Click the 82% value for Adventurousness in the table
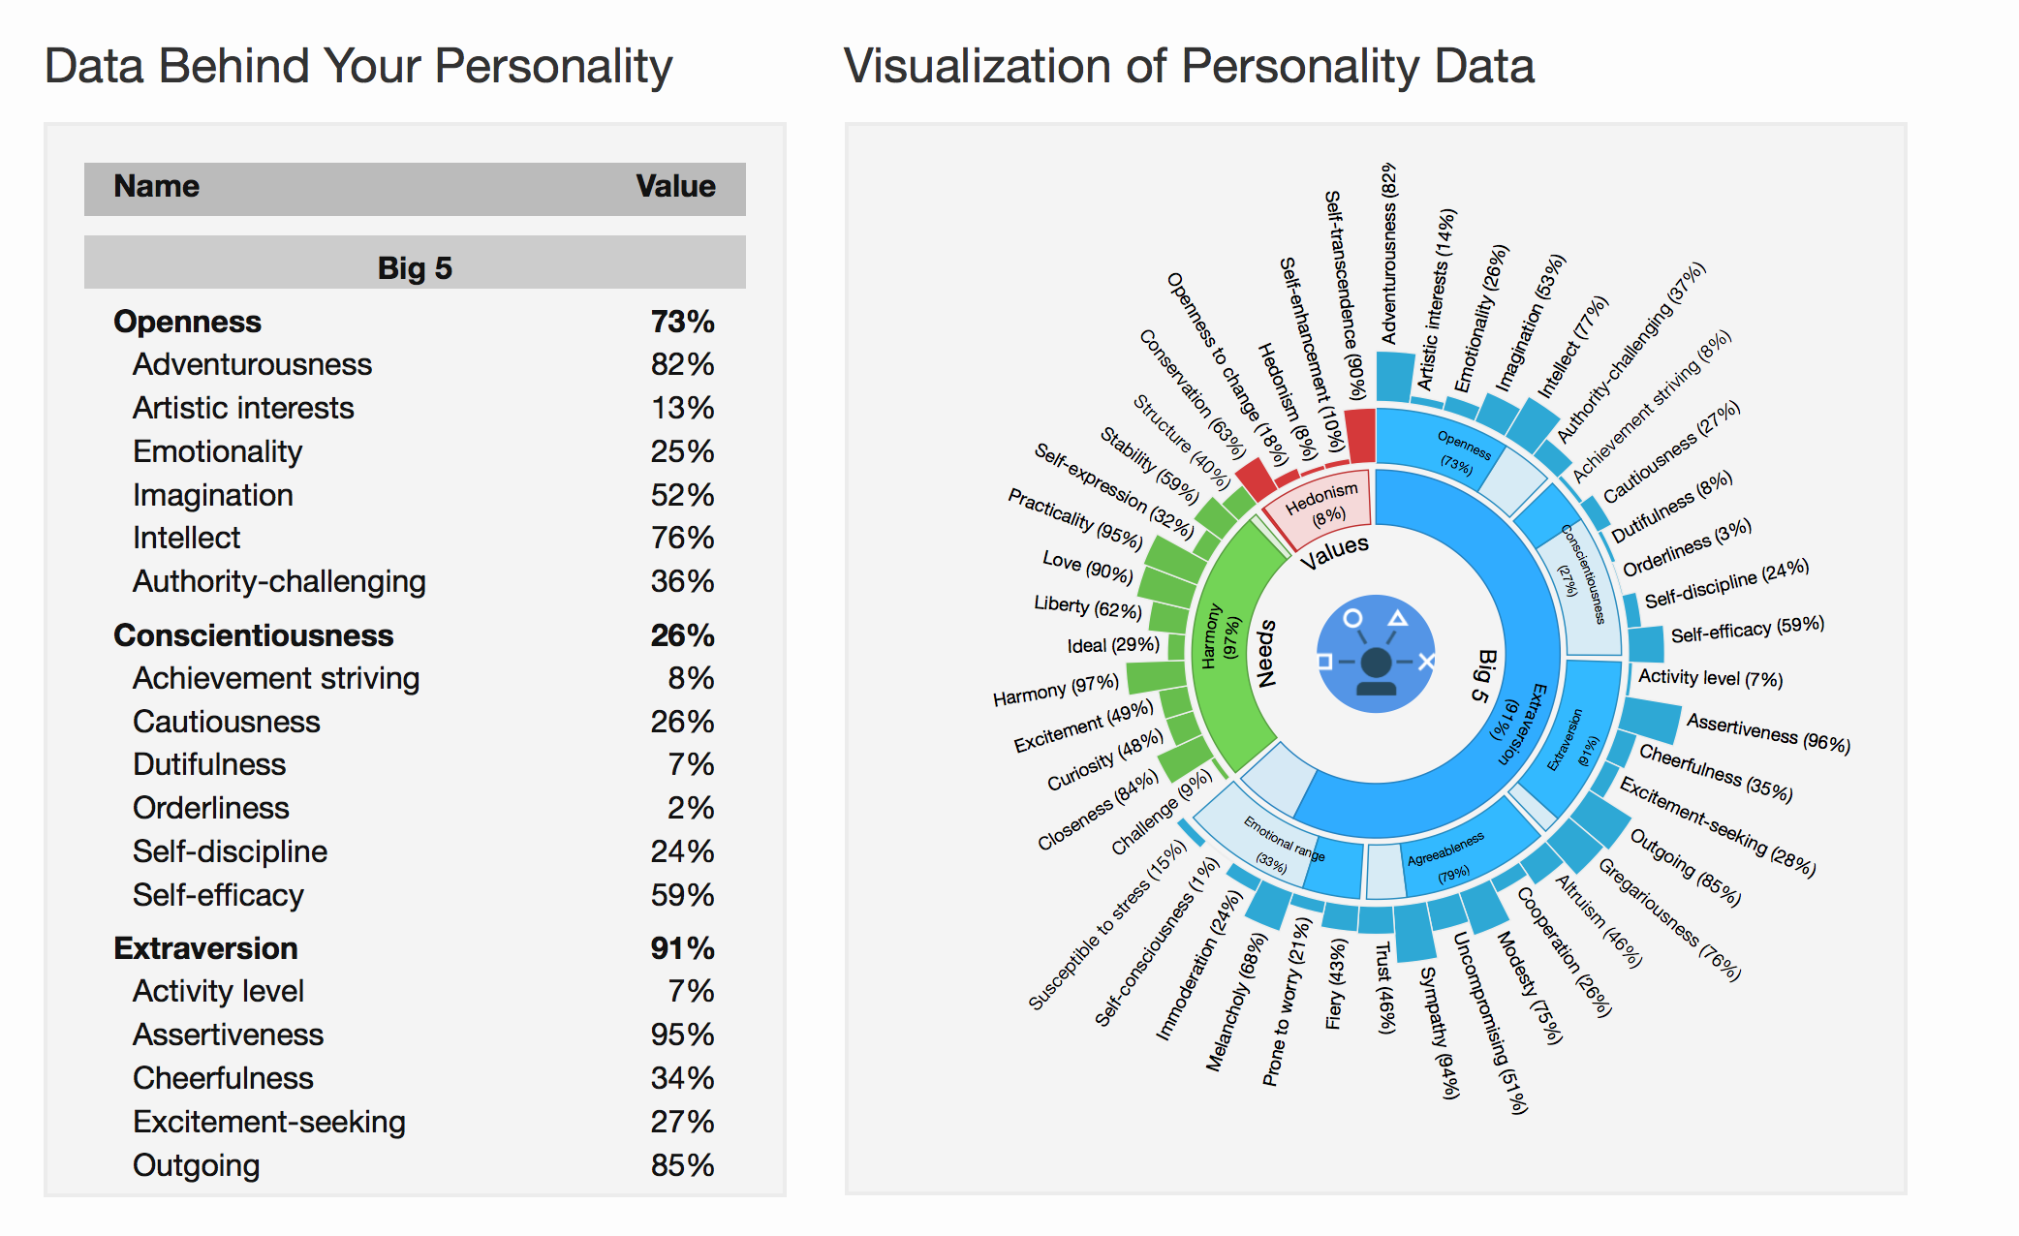[682, 364]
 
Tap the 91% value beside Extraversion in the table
[682, 948]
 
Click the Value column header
[675, 186]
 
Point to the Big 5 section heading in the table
[415, 267]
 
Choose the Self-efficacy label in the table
[218, 895]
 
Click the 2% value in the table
[690, 808]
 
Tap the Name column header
[156, 186]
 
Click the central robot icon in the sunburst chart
[1376, 654]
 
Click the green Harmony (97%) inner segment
[1223, 639]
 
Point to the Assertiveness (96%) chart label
[1767, 732]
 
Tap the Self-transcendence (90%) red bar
[1360, 436]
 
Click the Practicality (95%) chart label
[1074, 517]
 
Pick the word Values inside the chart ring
[1334, 551]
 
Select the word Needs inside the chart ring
[1265, 654]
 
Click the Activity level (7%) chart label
[1710, 678]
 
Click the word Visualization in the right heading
[978, 67]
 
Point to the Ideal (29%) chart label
[1112, 645]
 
